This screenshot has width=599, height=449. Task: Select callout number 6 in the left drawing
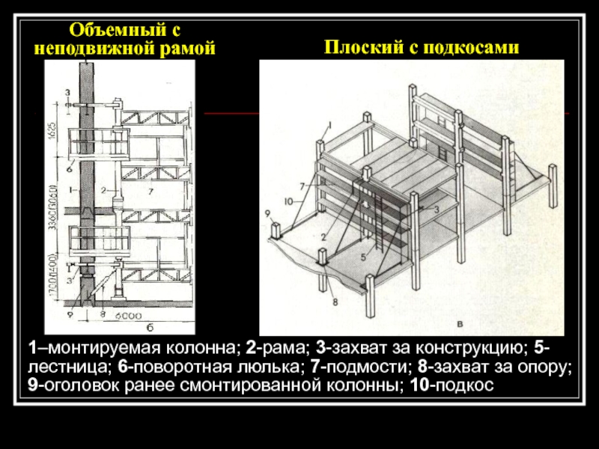point(67,168)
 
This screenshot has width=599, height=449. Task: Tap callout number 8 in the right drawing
point(335,302)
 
